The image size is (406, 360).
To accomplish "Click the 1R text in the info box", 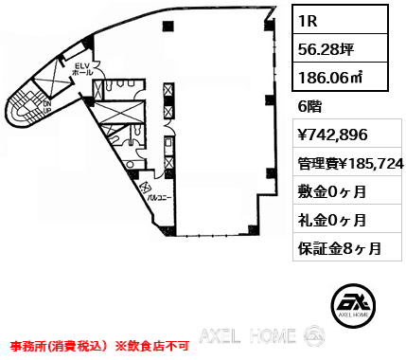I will (x=308, y=20).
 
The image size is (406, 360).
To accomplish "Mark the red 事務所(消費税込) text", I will (x=57, y=347).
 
